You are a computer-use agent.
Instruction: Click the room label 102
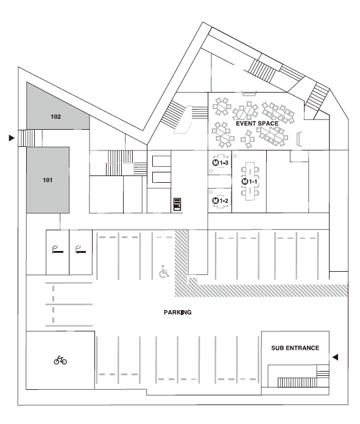tap(55, 116)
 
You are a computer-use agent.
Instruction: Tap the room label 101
tap(48, 180)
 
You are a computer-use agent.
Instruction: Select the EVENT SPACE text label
tap(257, 124)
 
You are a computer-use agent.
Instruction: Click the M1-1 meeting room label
tap(249, 182)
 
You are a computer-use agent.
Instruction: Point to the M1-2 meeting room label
tap(220, 200)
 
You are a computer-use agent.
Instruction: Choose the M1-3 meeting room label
tap(220, 163)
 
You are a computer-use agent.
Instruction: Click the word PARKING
tap(178, 313)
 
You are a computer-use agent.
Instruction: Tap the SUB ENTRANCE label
tap(295, 348)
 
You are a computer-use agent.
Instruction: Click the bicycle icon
tap(60, 360)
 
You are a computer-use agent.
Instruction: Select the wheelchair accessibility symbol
tap(164, 272)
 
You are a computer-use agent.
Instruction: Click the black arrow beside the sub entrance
tap(336, 357)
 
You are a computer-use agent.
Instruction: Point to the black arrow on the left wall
tap(12, 138)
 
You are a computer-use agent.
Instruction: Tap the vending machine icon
tap(177, 204)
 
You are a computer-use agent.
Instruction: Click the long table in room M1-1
tap(250, 181)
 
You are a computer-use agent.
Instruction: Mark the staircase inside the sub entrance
tap(297, 383)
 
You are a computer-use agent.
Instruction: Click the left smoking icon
tap(58, 250)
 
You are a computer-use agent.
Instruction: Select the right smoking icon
tap(80, 250)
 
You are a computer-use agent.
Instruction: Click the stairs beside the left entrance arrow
tap(27, 138)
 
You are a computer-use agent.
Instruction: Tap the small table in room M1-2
tap(221, 200)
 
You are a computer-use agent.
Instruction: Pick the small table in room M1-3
tap(221, 161)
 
